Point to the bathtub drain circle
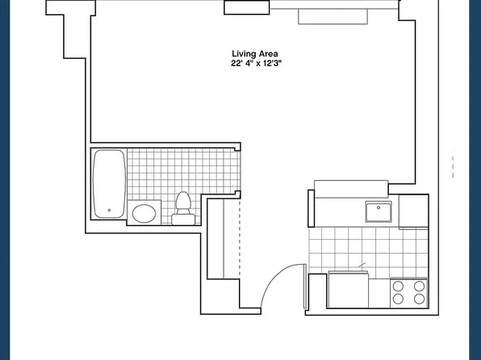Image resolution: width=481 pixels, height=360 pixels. point(108,211)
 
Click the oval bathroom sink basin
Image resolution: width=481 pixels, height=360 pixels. point(144,214)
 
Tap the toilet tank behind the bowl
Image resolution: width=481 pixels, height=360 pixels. point(182,218)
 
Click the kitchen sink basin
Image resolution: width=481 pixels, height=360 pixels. point(379,211)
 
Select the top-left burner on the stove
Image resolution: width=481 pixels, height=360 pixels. point(398,285)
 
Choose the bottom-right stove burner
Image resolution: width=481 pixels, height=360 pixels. point(419,299)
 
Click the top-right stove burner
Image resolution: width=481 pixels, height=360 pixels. point(419,285)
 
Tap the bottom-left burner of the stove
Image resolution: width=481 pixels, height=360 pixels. point(398,299)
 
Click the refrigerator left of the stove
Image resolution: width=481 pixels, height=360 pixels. point(349,291)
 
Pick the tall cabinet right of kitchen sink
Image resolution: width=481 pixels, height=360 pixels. point(413,211)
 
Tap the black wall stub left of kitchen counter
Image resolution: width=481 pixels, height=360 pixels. point(310,208)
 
